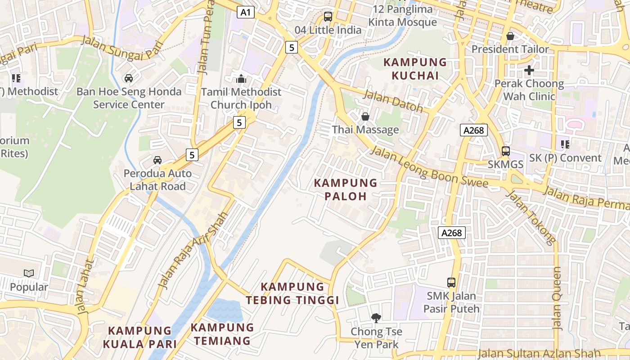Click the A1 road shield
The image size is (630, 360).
point(246,12)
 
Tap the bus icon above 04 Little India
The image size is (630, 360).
point(328,17)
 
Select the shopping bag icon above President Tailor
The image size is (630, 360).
point(510,36)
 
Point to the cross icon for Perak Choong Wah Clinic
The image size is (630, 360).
point(529,70)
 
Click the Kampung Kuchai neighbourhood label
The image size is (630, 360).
point(415,69)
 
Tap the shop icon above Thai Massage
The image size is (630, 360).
point(365,117)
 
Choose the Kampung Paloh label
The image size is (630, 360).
point(346,189)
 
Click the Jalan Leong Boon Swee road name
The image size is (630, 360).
point(429,167)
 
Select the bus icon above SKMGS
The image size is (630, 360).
point(506,151)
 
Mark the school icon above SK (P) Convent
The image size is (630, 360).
point(565,144)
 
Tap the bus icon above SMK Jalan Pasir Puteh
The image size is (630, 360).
point(451,283)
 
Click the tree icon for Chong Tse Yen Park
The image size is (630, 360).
point(376,318)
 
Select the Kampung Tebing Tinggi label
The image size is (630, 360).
point(292,293)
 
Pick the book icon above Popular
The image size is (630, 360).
point(29,273)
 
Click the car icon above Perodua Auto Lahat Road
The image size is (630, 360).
point(157,160)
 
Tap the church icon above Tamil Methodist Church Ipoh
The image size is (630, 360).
point(241,79)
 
